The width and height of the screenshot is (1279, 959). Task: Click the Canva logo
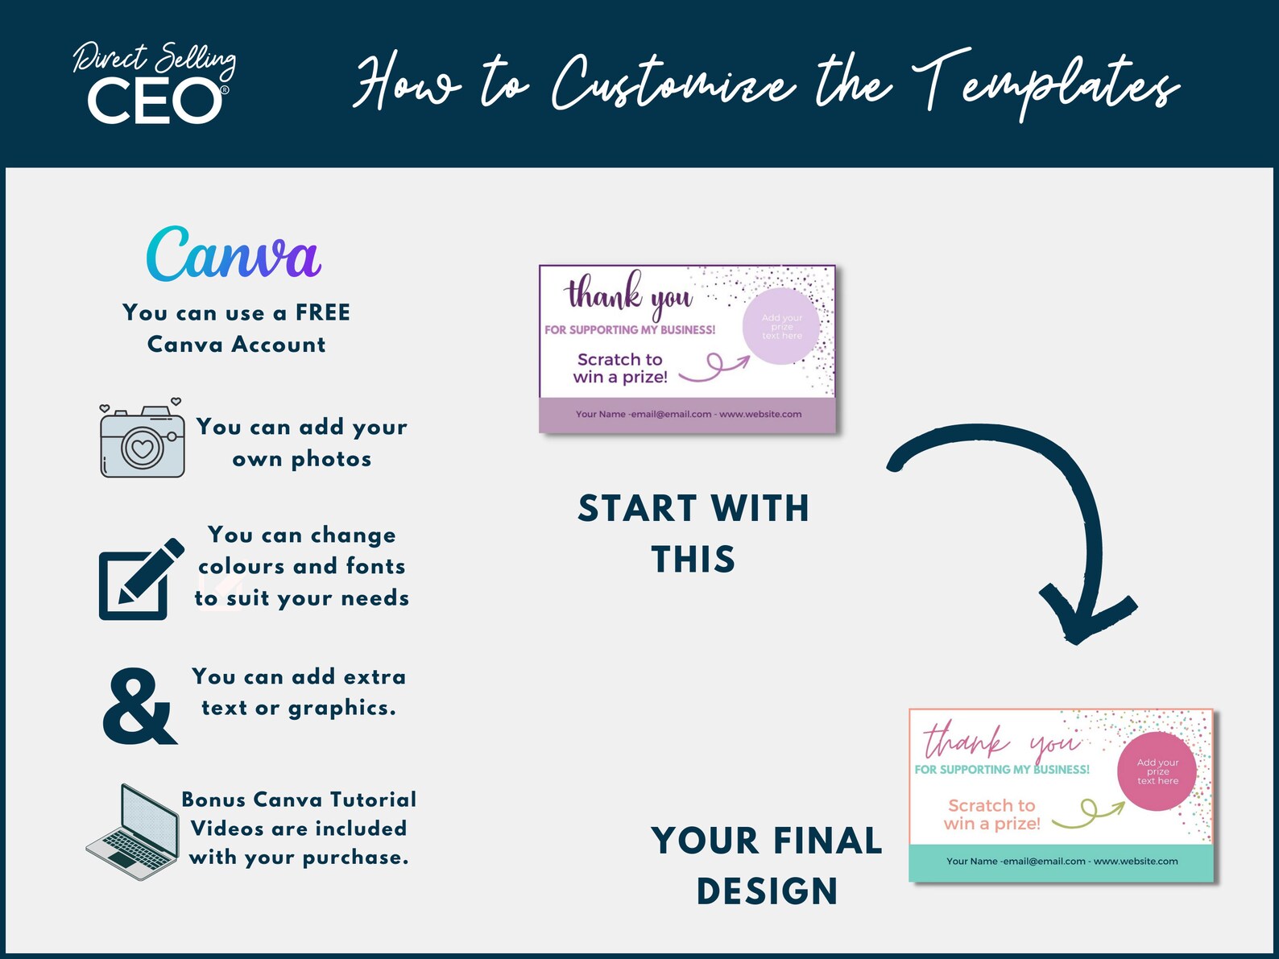234,254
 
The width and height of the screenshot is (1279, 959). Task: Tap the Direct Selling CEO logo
155,82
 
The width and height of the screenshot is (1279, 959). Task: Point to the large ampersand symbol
140,705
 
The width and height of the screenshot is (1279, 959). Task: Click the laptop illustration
133,832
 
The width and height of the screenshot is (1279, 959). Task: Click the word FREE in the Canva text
323,312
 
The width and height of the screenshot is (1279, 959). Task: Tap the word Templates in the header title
1046,85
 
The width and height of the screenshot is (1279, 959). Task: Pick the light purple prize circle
780,326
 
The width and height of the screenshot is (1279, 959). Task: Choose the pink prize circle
1157,771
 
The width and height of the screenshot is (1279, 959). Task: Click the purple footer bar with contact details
688,415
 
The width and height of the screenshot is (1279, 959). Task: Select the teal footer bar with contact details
1061,862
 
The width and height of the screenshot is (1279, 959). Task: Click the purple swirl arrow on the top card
714,368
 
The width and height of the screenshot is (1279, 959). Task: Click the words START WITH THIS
693,533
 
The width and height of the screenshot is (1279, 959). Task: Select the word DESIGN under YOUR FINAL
768,891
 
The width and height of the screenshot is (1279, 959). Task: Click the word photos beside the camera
331,460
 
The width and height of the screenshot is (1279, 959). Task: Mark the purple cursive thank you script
629,294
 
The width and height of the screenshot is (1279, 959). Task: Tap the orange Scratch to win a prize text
991,815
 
